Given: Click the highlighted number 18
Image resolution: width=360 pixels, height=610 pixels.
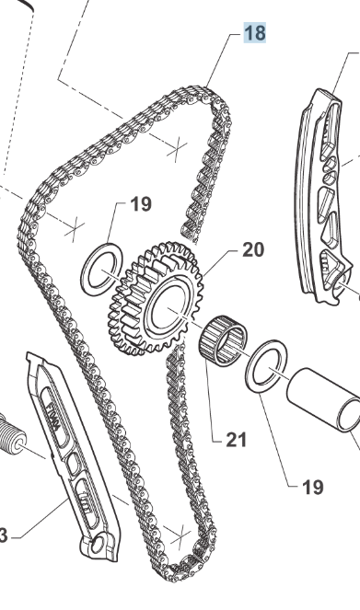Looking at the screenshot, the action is coord(255,33).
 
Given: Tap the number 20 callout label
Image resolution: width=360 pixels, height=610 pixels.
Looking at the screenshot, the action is coord(253,249).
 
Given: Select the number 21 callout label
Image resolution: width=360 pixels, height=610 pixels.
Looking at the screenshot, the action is coord(237,440).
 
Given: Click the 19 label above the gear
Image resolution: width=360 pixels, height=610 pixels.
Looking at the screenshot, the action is coord(141,204).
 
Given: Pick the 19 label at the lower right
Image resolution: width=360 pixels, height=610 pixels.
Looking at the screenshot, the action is coord(313,487).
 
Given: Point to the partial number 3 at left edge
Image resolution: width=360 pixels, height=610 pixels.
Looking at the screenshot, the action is coord(4,536).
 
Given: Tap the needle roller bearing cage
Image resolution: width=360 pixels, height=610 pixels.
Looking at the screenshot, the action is coord(224,340).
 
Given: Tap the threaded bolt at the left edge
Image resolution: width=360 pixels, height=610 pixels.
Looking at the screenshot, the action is coord(12,433).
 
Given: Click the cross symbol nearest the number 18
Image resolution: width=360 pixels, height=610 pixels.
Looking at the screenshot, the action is coord(177,149).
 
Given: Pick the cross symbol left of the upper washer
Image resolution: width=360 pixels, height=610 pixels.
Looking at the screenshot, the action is coord(74,229).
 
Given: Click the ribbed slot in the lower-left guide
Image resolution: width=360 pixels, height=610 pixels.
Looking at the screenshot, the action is coord(87,501).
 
